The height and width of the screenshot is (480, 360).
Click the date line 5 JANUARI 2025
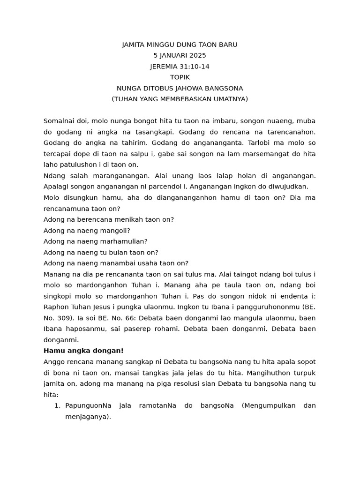pyautogui.click(x=180, y=55)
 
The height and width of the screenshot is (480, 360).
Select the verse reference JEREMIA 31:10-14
pyautogui.click(x=180, y=67)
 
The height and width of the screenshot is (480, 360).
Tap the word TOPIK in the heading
pyautogui.click(x=180, y=77)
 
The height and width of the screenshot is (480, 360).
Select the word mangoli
pyautogui.click(x=114, y=230)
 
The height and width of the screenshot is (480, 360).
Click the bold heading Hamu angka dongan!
pyautogui.click(x=83, y=351)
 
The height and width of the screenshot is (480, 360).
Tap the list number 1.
pyautogui.click(x=57, y=405)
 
